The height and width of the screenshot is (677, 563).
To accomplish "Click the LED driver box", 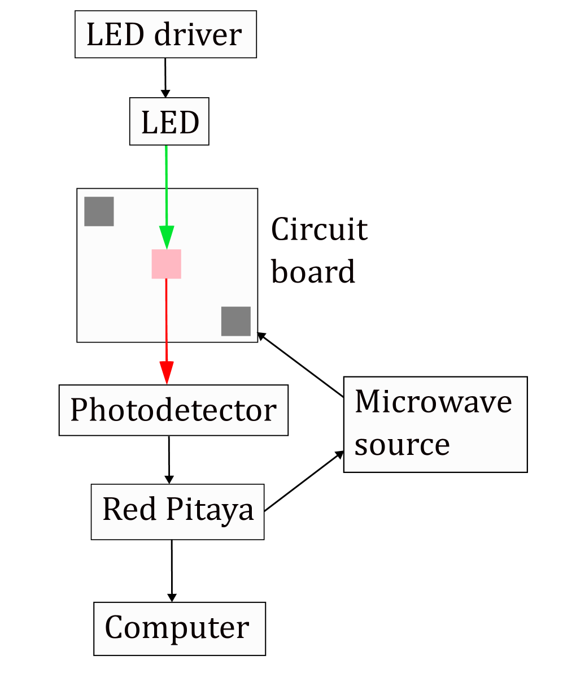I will point(165,34).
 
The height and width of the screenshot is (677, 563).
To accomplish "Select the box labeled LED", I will point(169,121).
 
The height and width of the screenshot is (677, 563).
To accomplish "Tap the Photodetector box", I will point(173,410).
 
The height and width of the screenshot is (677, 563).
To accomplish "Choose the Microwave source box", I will point(435,424).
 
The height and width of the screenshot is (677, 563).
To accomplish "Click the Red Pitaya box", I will point(177,511).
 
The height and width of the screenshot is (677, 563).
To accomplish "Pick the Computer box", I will point(179,628).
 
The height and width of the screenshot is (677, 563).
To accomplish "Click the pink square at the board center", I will point(166,264).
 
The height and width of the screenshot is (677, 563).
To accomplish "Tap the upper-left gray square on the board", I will point(99,211).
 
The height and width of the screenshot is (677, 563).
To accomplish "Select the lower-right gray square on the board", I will point(235,321).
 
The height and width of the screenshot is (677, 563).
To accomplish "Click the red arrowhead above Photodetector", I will point(166,373).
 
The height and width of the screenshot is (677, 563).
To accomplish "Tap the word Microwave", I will point(433,402).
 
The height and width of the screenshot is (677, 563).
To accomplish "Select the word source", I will point(402,445).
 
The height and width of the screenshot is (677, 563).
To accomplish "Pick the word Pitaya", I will point(209,511).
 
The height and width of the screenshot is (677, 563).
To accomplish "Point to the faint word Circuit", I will point(320,230).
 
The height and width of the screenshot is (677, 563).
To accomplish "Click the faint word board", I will point(314,271).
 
